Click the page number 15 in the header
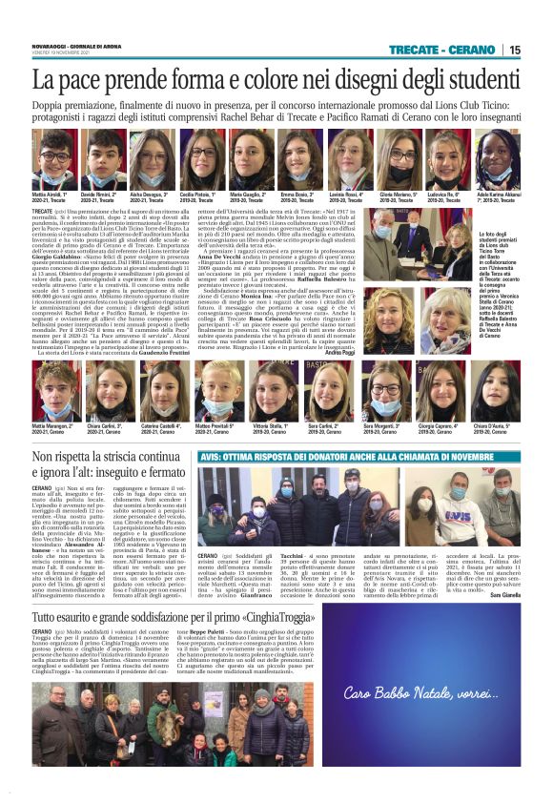point(515,51)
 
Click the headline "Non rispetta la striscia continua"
point(107,459)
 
